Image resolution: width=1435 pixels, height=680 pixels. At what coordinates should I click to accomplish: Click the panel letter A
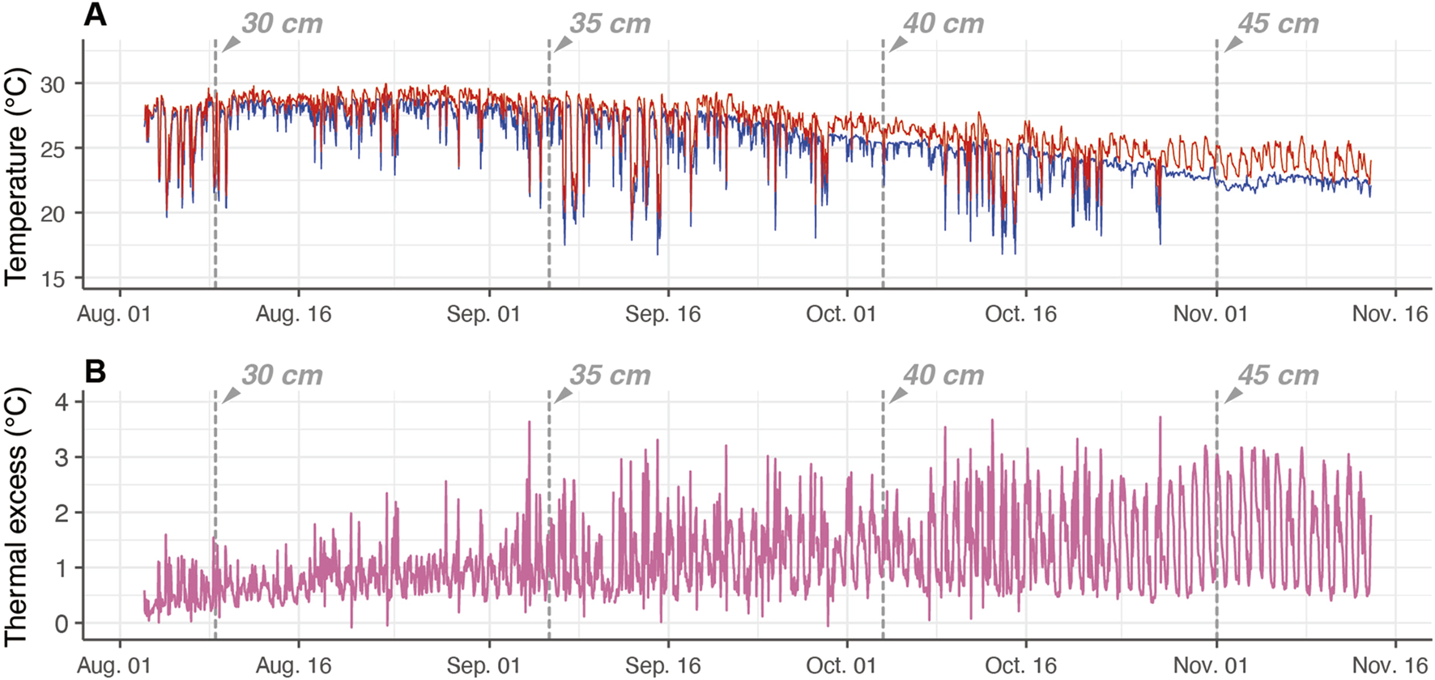click(x=96, y=15)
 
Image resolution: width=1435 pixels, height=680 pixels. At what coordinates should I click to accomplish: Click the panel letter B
click(x=96, y=372)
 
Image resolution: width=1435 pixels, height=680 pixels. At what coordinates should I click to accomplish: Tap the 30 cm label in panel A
click(x=282, y=23)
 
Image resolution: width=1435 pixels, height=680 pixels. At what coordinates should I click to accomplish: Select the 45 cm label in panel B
click(x=1278, y=376)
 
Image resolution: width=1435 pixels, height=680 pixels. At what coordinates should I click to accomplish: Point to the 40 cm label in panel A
click(x=943, y=23)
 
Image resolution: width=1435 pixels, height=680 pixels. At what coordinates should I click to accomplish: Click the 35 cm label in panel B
click(x=610, y=376)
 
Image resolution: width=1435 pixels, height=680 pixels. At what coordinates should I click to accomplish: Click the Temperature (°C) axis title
click(x=17, y=176)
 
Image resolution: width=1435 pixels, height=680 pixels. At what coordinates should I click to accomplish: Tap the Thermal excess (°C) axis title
click(x=17, y=516)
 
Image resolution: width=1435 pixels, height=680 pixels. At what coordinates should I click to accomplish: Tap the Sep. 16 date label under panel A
click(x=662, y=314)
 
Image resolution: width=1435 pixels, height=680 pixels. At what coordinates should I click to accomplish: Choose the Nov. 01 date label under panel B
click(x=1211, y=666)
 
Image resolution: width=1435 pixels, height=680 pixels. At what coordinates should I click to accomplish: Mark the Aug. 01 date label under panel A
click(x=114, y=314)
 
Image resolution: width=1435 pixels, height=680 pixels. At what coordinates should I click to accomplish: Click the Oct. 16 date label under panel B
click(x=1020, y=666)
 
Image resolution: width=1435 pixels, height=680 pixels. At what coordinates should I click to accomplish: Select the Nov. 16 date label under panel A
click(x=1390, y=314)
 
